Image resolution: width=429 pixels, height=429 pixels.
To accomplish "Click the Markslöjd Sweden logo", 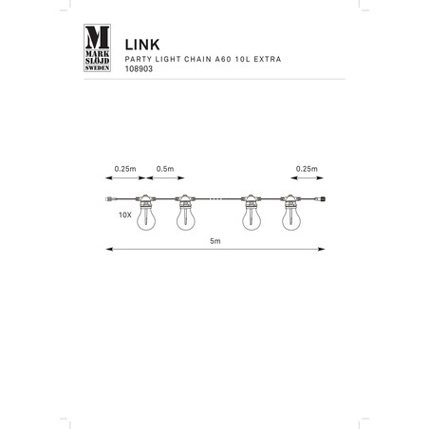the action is [x=97, y=47].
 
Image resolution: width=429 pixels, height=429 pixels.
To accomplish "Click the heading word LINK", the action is [x=142, y=45].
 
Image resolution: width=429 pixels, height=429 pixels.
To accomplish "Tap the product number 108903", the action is [x=139, y=69].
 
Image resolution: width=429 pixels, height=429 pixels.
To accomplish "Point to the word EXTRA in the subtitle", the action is [x=268, y=59].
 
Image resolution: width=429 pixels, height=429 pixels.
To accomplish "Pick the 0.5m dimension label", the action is [x=165, y=169].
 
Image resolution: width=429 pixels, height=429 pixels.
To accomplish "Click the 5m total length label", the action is [x=215, y=241].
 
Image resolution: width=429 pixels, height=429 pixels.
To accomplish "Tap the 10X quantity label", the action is [x=125, y=215].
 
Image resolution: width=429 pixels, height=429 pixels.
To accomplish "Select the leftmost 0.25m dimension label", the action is [x=125, y=169].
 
